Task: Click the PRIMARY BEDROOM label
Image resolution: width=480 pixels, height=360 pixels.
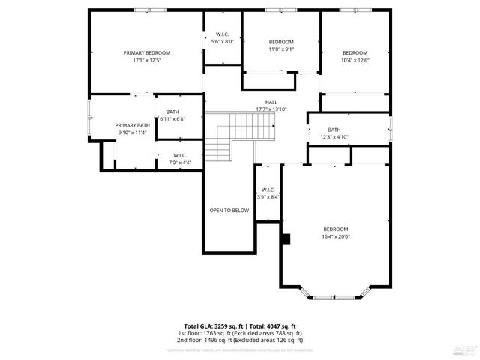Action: coord(147,52)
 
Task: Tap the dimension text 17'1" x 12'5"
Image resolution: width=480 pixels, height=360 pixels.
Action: coord(147,60)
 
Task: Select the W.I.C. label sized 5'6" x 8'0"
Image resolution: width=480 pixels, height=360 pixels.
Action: coord(223,34)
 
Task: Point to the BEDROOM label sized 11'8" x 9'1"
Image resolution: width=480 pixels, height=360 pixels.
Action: coord(281,42)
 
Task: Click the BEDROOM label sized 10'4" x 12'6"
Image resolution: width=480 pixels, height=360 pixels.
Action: coord(355,52)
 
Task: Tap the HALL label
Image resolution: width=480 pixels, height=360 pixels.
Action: coord(271,102)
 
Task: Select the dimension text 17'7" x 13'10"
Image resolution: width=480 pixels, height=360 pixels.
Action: coord(271,109)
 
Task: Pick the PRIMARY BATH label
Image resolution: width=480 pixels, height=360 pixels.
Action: coord(132,125)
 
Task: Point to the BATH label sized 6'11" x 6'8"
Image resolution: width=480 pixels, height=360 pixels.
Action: coord(172,112)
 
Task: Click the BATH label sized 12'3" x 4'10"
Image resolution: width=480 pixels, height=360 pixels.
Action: coord(334,129)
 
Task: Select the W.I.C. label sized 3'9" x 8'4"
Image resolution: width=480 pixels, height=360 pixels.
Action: coord(268,190)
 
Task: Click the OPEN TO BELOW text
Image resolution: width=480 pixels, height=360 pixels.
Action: coord(229,211)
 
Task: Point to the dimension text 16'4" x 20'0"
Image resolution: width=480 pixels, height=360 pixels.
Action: coord(336,236)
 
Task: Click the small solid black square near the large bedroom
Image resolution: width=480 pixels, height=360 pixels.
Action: coord(285,238)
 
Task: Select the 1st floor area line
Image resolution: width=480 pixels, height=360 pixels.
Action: coord(240,332)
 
